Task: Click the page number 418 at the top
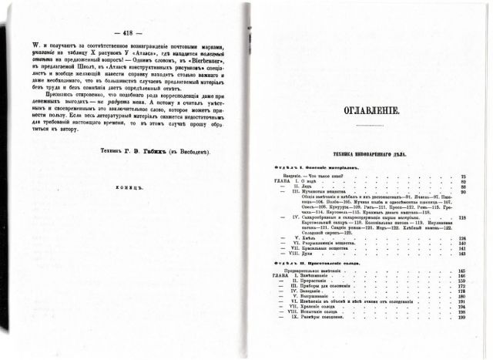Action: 123,33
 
